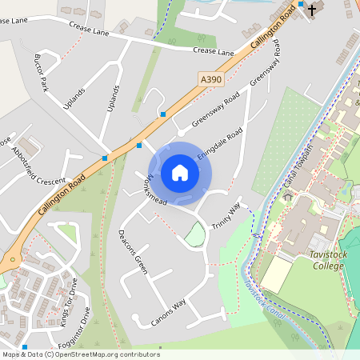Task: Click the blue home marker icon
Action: (180, 172)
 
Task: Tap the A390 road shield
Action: (209, 78)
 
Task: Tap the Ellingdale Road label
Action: (219, 146)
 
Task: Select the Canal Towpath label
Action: (301, 172)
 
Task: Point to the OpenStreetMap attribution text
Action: (80, 354)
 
